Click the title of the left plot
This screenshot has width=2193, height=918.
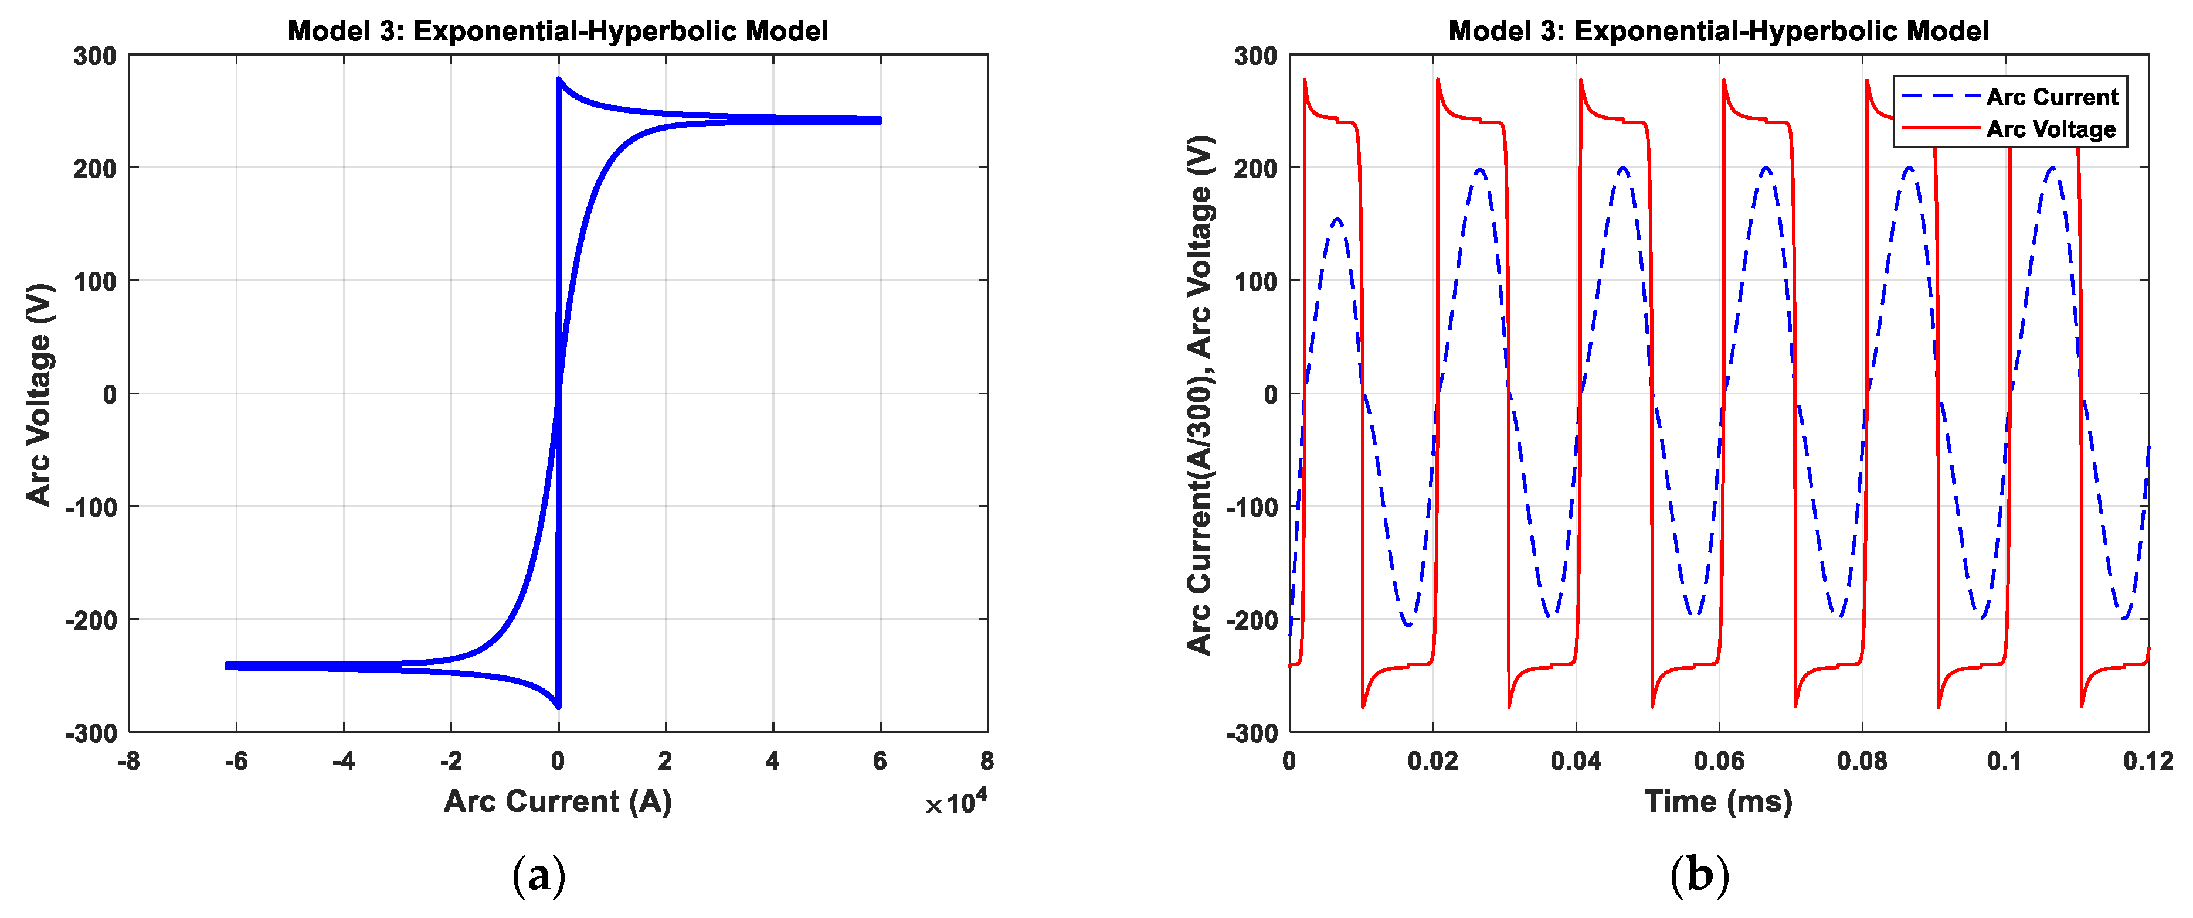click(x=558, y=32)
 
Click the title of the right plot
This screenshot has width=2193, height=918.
click(x=1718, y=32)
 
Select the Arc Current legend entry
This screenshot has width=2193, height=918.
click(x=2052, y=97)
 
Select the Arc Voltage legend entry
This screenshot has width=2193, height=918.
click(x=2051, y=129)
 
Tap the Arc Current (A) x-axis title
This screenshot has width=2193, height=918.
click(x=558, y=801)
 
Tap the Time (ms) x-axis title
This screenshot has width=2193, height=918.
click(x=1718, y=801)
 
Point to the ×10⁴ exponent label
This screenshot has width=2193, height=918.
click(x=956, y=802)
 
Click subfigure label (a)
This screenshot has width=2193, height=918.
click(x=539, y=875)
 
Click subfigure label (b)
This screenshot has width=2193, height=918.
click(x=1699, y=875)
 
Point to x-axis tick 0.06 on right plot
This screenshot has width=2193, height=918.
click(x=1718, y=760)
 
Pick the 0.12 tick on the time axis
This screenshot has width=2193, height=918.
click(x=2148, y=760)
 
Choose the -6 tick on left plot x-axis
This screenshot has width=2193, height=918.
click(x=236, y=760)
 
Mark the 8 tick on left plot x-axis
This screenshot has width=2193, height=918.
click(x=987, y=760)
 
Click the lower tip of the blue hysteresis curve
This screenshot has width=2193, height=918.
click(x=558, y=706)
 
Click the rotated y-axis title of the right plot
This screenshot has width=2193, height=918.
click(x=1200, y=394)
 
